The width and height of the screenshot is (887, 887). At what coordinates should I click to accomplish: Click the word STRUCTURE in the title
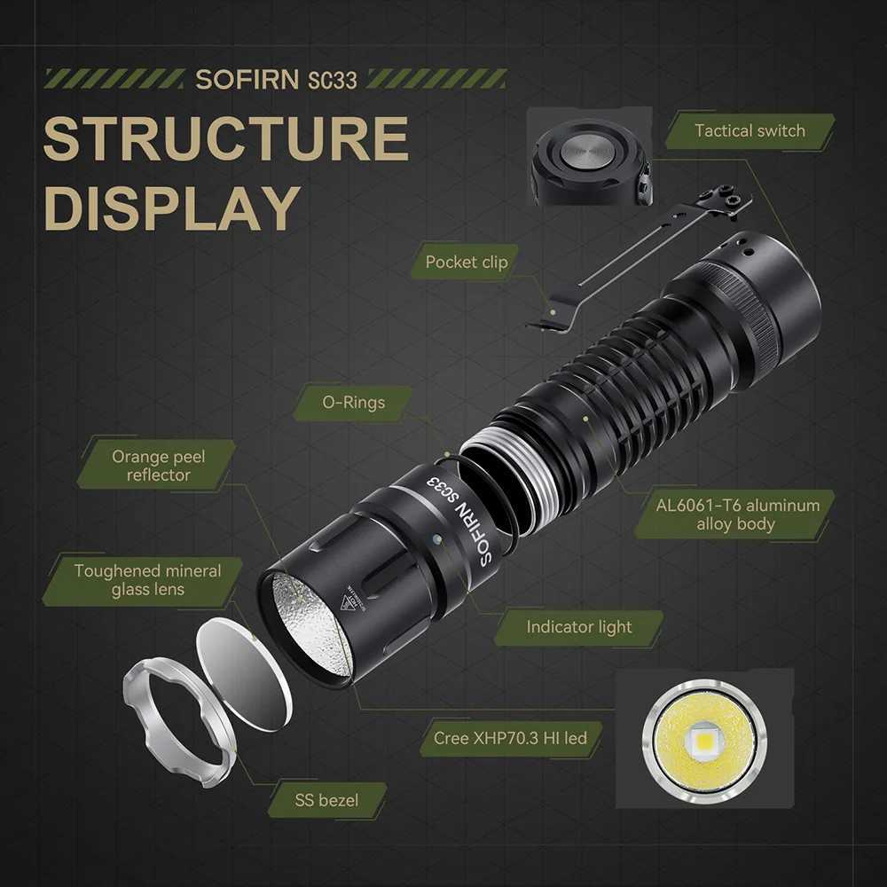(225, 139)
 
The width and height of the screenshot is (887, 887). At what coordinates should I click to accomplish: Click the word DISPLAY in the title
(171, 208)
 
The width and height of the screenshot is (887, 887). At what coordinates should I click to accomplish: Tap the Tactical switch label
(750, 131)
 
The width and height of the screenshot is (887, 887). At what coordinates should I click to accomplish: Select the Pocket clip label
(467, 262)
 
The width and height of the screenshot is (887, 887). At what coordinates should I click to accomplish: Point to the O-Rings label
(353, 403)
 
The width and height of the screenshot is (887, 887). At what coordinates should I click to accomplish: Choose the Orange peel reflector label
(158, 466)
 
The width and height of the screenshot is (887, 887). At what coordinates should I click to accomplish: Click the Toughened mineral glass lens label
(147, 580)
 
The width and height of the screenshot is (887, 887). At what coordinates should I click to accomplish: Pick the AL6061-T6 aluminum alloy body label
(737, 514)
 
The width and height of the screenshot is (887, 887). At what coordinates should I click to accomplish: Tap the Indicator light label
(578, 627)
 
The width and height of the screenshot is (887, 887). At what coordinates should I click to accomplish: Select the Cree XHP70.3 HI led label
(510, 738)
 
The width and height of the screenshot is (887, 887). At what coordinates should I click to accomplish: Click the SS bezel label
(326, 800)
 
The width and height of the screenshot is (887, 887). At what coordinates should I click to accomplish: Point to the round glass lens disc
(242, 674)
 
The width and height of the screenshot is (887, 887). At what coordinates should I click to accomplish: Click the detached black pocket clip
(639, 257)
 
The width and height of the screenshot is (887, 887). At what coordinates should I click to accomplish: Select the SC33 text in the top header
(333, 79)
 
